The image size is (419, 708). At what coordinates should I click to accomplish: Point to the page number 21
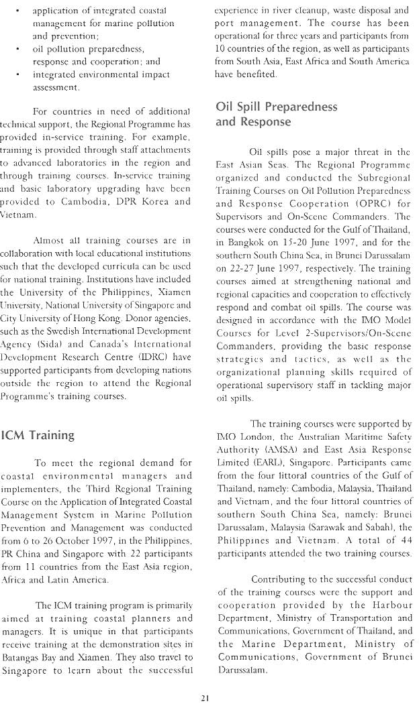click(x=206, y=698)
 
